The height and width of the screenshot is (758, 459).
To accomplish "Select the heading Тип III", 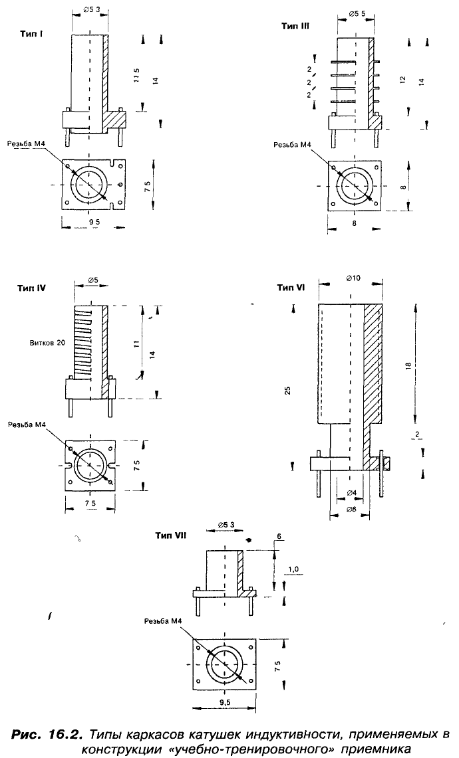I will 295,26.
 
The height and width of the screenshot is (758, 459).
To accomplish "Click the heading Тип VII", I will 170,535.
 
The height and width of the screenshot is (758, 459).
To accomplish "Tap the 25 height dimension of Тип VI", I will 288,390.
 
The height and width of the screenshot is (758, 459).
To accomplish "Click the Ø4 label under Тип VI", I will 351,492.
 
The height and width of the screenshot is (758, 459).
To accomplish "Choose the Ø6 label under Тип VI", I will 351,509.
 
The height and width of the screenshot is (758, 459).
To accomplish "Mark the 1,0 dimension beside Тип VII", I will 295,569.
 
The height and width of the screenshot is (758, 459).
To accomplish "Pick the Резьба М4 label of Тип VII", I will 163,620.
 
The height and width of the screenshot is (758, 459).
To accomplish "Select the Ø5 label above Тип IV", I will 93,282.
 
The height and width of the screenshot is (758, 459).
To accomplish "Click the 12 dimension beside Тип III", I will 401,78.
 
